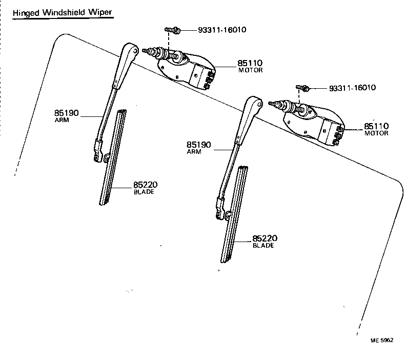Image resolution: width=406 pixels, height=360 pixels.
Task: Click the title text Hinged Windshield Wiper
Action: pos(62,12)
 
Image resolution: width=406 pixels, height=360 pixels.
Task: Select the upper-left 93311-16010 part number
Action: pos(222,30)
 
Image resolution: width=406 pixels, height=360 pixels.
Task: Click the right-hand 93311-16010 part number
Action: pos(351,88)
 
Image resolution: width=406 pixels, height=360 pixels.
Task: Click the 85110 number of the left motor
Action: pos(250,64)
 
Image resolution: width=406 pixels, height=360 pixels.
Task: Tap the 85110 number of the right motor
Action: pos(376,126)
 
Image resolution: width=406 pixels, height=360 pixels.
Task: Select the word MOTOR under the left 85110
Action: pos(250,71)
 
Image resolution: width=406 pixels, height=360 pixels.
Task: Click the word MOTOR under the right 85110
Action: pos(376,133)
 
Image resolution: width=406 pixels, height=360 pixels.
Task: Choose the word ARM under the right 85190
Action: pos(194,152)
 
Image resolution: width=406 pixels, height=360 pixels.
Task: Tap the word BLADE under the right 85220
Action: pos(263,246)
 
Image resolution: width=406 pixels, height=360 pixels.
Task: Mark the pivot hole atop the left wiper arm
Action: pos(134,51)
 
